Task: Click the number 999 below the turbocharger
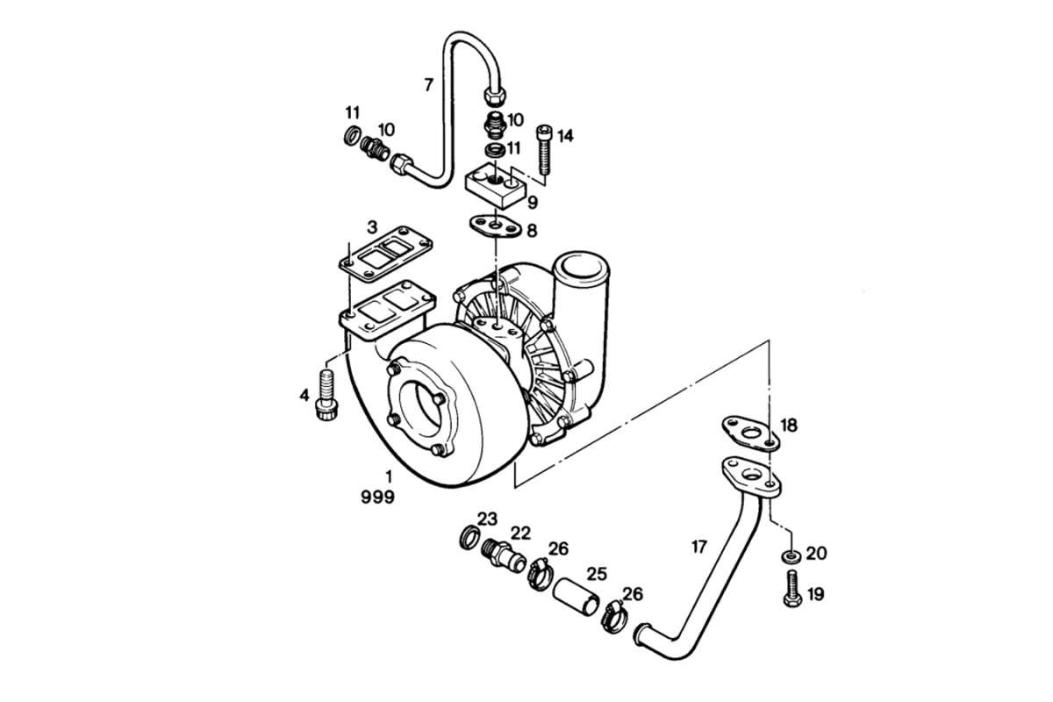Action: pyautogui.click(x=377, y=497)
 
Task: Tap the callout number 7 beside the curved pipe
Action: pyautogui.click(x=428, y=85)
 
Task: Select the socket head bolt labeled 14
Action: pyautogui.click(x=545, y=148)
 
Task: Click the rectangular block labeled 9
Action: pyautogui.click(x=494, y=185)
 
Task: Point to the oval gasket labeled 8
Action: pyautogui.click(x=496, y=226)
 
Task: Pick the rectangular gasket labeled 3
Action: pyautogui.click(x=386, y=254)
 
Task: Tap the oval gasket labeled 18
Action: pyautogui.click(x=751, y=433)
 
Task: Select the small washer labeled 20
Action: pyautogui.click(x=792, y=556)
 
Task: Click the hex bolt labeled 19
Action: pyautogui.click(x=792, y=588)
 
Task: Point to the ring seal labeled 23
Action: pyautogui.click(x=469, y=538)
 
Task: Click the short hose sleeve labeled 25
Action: pyautogui.click(x=576, y=598)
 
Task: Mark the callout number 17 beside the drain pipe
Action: pyautogui.click(x=699, y=547)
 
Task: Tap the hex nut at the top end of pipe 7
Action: pyautogui.click(x=495, y=96)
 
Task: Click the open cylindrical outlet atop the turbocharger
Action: pyautogui.click(x=580, y=269)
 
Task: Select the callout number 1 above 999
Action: pyautogui.click(x=388, y=477)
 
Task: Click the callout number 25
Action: pyautogui.click(x=597, y=574)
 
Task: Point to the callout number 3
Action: pyautogui.click(x=372, y=227)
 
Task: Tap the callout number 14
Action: pyautogui.click(x=565, y=136)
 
